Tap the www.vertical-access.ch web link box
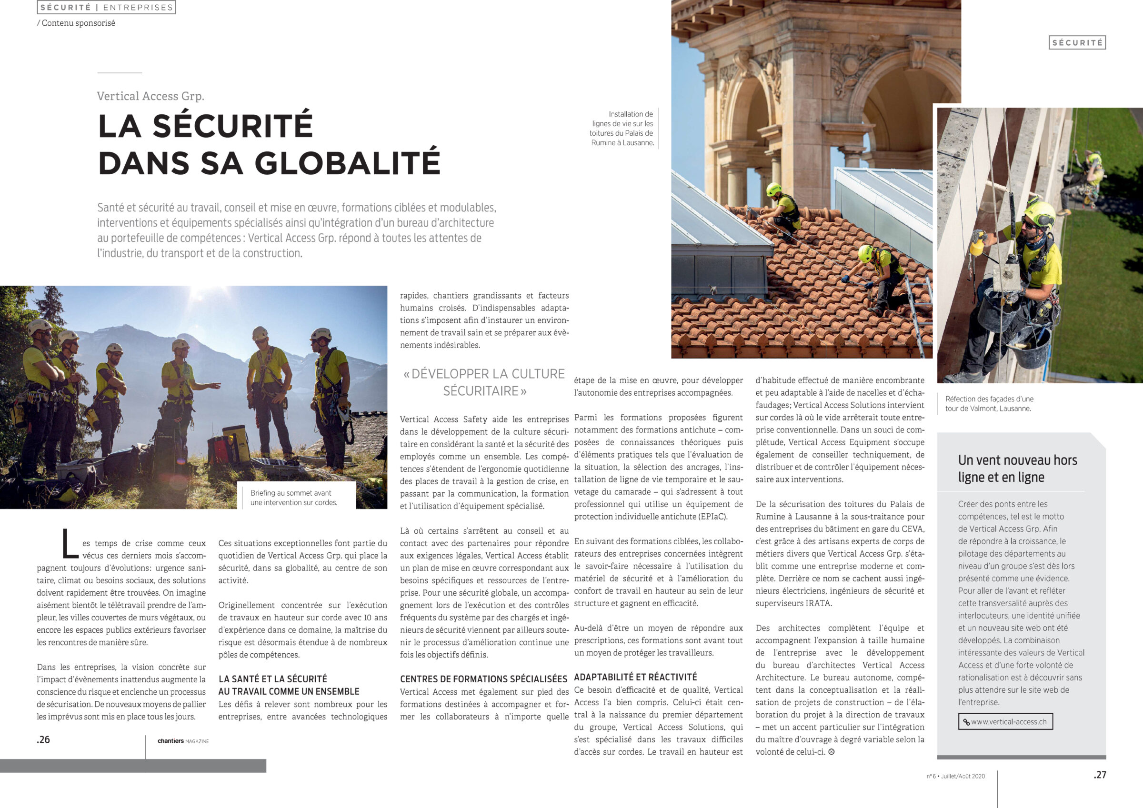1005,721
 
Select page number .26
43,739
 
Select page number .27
1100,775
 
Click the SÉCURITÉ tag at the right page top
1077,43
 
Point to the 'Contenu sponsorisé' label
78,23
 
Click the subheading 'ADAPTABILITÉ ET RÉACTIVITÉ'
635,677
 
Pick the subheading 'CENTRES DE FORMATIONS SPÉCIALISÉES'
483,678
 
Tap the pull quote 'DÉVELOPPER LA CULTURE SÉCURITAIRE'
484,382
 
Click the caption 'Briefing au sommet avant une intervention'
294,498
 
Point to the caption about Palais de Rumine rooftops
622,129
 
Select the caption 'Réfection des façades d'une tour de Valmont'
989,403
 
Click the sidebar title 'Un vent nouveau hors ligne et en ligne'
1017,469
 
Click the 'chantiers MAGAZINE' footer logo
183,741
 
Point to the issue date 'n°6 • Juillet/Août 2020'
955,776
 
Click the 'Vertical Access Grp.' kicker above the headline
150,96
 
